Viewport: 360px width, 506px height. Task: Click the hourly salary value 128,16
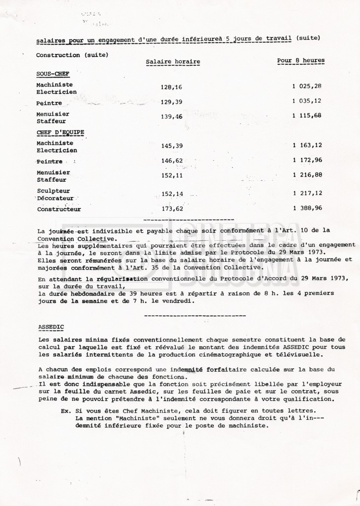click(x=171, y=87)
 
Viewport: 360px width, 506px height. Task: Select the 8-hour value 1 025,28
click(x=307, y=86)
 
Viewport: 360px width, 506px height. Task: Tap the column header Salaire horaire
click(x=173, y=62)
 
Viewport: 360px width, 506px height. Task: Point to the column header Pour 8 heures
click(x=301, y=61)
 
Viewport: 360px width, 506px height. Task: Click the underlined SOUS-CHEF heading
click(x=53, y=74)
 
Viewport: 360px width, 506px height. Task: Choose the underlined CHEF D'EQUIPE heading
click(x=60, y=132)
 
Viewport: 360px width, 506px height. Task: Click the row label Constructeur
click(x=59, y=209)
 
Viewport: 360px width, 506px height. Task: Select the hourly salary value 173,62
click(x=172, y=209)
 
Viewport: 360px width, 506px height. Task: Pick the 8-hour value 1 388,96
click(x=307, y=208)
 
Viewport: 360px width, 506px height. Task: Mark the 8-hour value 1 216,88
click(x=307, y=175)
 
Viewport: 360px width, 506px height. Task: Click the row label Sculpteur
click(x=53, y=191)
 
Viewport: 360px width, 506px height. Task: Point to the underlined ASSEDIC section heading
click(x=50, y=327)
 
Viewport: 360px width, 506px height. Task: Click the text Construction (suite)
click(x=72, y=55)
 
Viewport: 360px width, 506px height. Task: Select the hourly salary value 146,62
click(x=172, y=161)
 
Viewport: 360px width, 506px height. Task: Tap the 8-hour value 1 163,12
click(x=307, y=145)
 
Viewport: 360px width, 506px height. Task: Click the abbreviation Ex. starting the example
click(x=65, y=411)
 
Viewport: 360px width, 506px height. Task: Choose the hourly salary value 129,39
click(x=171, y=102)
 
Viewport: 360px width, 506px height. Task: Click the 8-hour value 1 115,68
click(x=307, y=116)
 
